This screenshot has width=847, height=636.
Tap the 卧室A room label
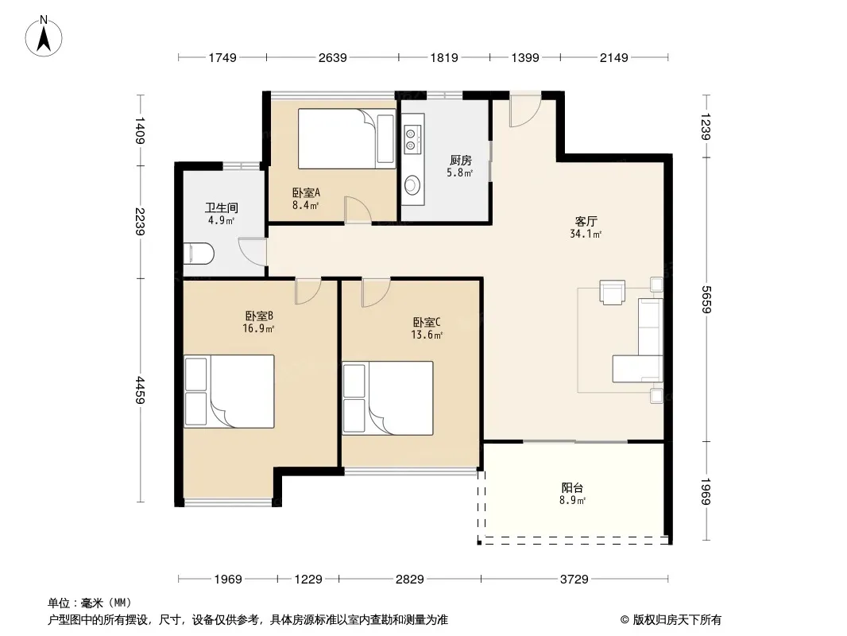coord(306,192)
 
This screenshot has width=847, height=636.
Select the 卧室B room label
coord(259,316)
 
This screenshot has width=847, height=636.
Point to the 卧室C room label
coord(427,323)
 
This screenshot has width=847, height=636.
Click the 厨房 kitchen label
coord(460,161)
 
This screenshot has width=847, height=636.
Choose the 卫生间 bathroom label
coord(222,207)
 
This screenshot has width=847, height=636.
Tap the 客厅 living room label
coord(586,222)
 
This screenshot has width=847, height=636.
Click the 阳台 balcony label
coord(572,488)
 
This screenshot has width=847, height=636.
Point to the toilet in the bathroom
coord(199,254)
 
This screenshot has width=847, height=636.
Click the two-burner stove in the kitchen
coord(412,139)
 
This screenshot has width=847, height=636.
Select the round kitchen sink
coord(412,185)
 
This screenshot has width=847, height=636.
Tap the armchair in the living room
coord(612,292)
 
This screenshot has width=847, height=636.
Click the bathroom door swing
coord(252,252)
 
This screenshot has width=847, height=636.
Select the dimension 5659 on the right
coord(706,300)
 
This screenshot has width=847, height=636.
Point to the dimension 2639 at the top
coord(332,57)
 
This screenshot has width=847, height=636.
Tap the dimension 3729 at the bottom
coord(574,580)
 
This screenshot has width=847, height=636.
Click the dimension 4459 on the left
coord(140,390)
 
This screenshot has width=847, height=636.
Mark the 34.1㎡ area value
coord(586,234)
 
